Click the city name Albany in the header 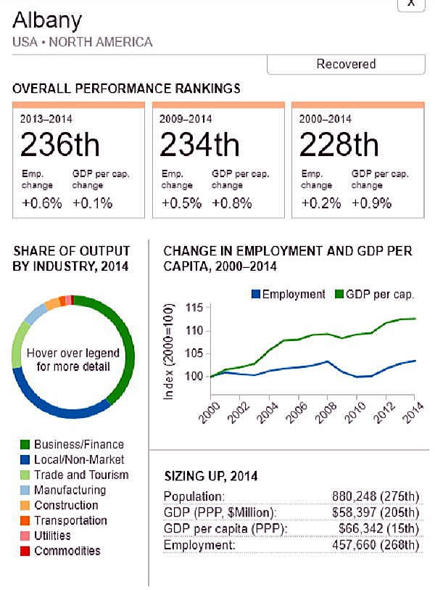click(x=47, y=20)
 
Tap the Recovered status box click(x=346, y=64)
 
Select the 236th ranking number click(x=60, y=145)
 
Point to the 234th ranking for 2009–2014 click(x=199, y=145)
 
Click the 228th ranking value click(x=339, y=145)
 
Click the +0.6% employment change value click(x=42, y=203)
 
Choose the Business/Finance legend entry click(x=78, y=444)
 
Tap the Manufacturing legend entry click(x=69, y=490)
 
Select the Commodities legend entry click(x=67, y=551)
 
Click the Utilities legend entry click(x=51, y=536)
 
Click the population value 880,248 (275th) click(x=372, y=497)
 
